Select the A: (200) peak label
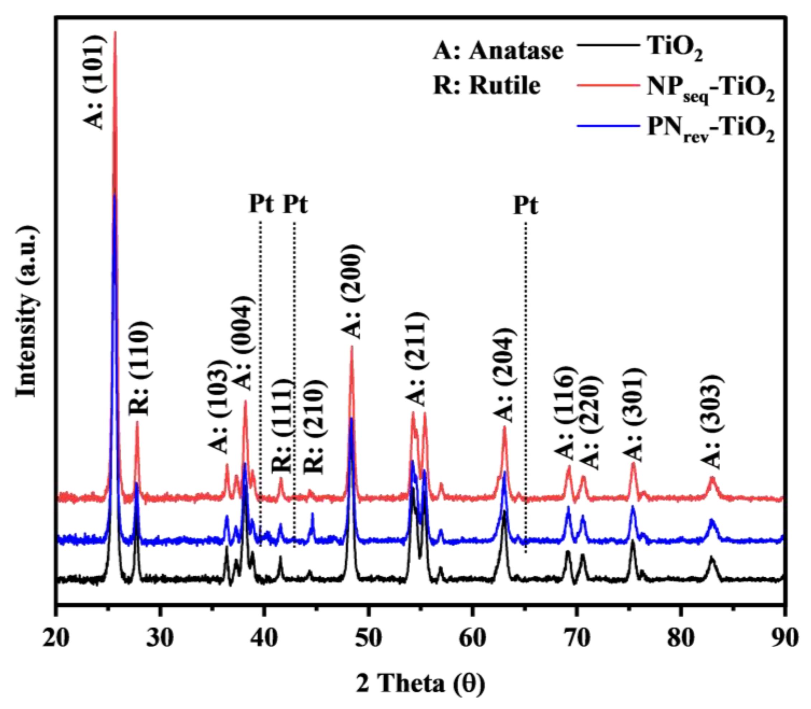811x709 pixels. pos(352,292)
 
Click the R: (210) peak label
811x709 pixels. pos(315,427)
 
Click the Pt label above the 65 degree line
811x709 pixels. pos(525,206)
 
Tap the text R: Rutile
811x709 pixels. pos(487,85)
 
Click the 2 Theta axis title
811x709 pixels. pos(420,684)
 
